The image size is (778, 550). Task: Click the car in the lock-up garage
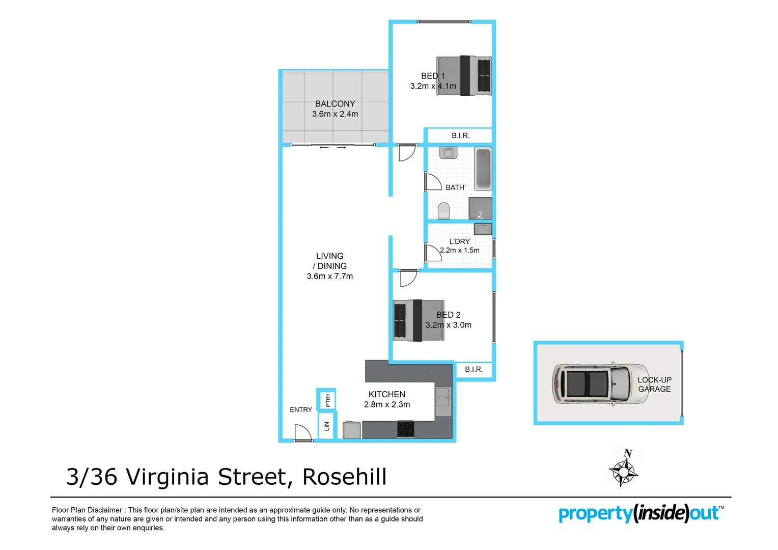point(601,383)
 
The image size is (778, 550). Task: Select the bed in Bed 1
point(464,76)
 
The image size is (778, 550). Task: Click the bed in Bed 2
point(419,320)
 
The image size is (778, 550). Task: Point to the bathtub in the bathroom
point(483,169)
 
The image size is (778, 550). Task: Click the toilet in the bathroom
point(443,210)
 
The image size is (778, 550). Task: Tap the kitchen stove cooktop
point(406,429)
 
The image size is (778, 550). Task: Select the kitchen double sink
point(443,397)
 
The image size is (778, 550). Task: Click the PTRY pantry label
point(328,400)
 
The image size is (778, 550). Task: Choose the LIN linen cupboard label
point(327,426)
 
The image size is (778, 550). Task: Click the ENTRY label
point(301,410)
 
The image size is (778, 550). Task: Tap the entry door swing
point(303,433)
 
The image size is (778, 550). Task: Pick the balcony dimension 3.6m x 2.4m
point(335,114)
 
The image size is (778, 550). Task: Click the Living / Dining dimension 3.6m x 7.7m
point(329,277)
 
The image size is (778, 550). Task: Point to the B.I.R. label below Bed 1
point(460,136)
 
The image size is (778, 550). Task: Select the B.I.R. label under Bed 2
point(474,370)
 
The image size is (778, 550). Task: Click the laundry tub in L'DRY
point(483,229)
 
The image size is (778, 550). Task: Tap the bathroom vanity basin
point(448,152)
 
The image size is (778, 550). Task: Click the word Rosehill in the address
point(345,477)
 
